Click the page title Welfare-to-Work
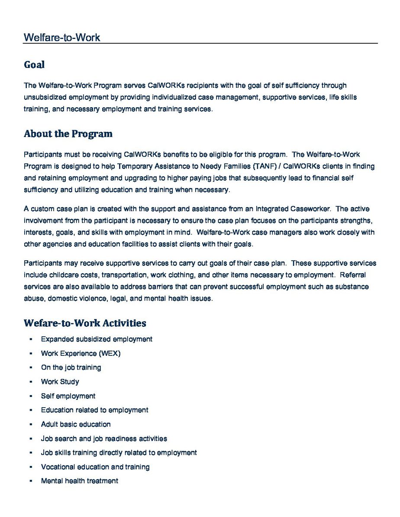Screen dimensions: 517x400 click(62, 38)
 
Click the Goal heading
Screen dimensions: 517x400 click(34, 65)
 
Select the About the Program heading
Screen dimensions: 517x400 click(68, 134)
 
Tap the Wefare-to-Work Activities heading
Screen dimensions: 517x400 click(85, 323)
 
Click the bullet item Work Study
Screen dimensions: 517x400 click(60, 382)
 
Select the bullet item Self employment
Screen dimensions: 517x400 click(68, 396)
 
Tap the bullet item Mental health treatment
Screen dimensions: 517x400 click(79, 481)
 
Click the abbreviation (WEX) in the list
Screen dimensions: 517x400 click(110, 354)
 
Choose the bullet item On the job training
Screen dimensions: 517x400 click(71, 367)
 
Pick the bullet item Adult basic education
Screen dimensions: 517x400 click(76, 424)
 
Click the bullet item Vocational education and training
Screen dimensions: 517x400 click(95, 467)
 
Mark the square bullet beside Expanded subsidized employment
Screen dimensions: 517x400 click(31, 339)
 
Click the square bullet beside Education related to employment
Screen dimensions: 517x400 click(31, 410)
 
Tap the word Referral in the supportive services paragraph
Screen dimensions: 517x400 click(355, 274)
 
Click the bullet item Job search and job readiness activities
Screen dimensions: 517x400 click(104, 439)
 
